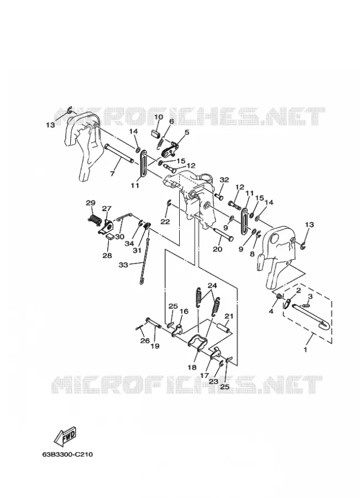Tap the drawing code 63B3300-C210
(x=67, y=455)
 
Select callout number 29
(x=91, y=203)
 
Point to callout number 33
(x=123, y=264)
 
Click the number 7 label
(x=112, y=174)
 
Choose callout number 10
(x=158, y=117)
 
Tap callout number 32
(x=224, y=180)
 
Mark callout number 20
(x=217, y=250)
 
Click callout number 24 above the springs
(x=212, y=286)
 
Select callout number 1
(x=305, y=350)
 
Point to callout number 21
(x=229, y=316)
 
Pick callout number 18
(x=192, y=368)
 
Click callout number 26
(x=145, y=341)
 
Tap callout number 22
(x=165, y=222)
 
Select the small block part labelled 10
(x=155, y=133)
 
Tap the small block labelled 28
(x=111, y=236)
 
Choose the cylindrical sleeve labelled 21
(x=223, y=328)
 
